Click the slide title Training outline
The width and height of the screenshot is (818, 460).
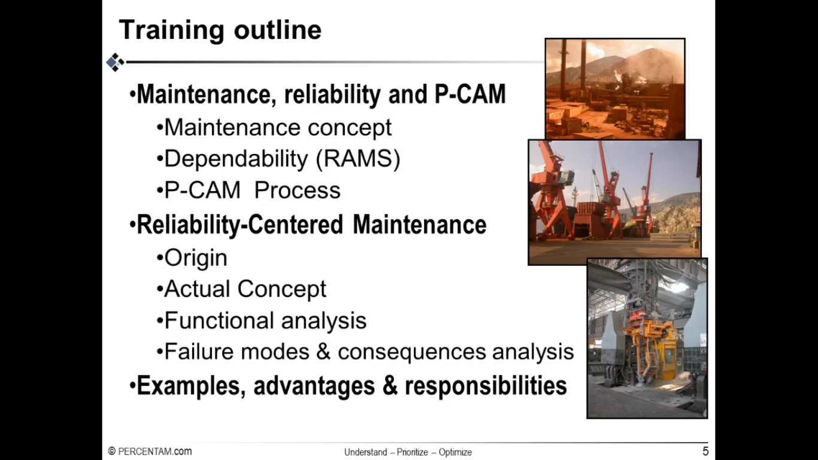[x=220, y=30]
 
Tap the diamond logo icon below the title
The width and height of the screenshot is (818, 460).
[x=116, y=62]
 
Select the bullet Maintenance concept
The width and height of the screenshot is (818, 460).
[x=274, y=128]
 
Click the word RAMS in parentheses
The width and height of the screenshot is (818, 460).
[x=358, y=159]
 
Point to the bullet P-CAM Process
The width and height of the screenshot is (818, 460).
[x=249, y=190]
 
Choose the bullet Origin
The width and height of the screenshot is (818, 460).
[x=192, y=258]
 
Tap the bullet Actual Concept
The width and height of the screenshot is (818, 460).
[x=241, y=289]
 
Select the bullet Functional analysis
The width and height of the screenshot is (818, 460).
[x=262, y=320]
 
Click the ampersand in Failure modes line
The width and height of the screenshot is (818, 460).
[x=323, y=352]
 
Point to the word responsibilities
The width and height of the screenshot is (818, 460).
[x=486, y=386]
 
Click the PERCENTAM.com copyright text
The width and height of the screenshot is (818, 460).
[x=150, y=452]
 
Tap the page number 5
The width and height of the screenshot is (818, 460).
[x=705, y=451]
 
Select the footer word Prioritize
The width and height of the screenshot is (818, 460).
[x=412, y=452]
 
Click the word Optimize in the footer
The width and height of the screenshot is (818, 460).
[x=455, y=452]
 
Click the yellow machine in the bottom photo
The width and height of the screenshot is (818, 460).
[x=650, y=347]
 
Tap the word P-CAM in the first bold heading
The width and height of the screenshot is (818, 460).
[x=470, y=94]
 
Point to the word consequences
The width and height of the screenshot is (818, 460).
[x=412, y=352]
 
